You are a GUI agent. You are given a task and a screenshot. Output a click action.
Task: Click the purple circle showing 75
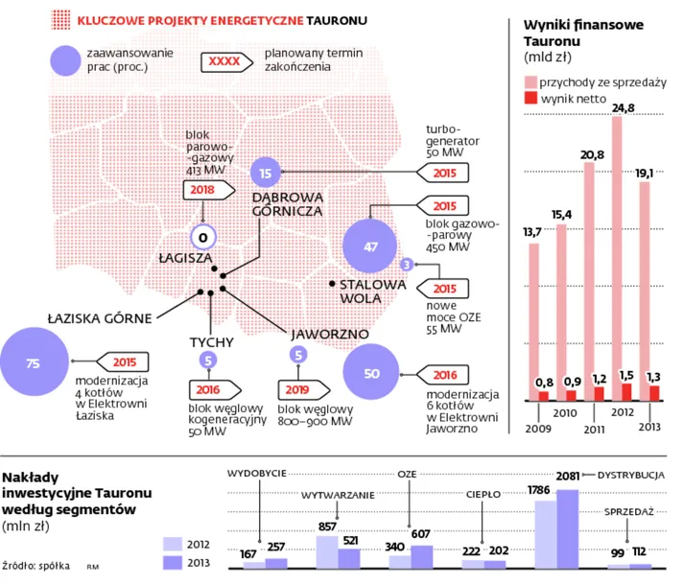tap(34, 363)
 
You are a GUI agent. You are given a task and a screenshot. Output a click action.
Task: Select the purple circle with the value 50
tap(372, 374)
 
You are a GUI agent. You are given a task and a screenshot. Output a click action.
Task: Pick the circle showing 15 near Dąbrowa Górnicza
tap(266, 173)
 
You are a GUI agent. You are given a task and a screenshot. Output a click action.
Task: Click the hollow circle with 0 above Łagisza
tap(203, 238)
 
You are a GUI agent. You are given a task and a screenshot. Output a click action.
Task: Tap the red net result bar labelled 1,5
tap(625, 391)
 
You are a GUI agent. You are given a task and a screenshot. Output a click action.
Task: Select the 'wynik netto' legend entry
tap(566, 99)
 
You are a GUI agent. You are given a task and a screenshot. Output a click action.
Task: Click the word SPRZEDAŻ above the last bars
tap(628, 512)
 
